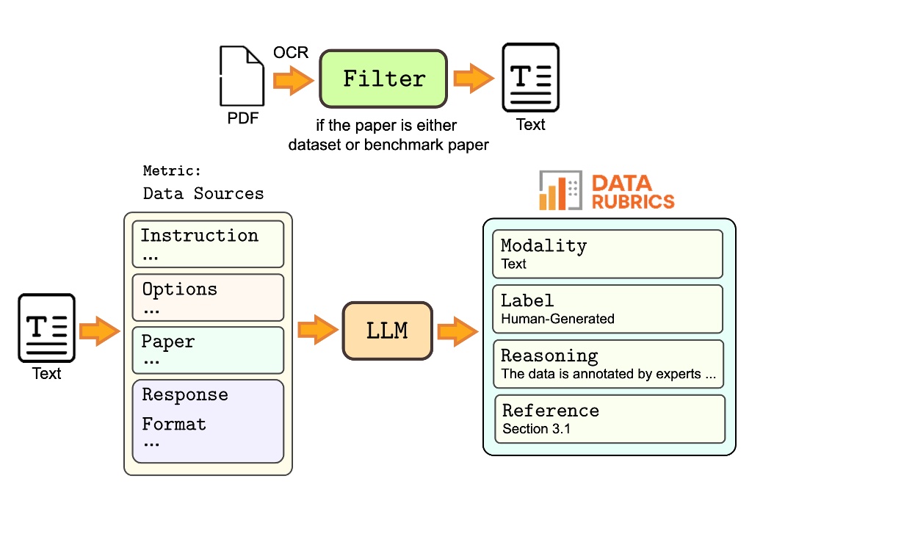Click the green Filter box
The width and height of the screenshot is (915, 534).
[x=383, y=79]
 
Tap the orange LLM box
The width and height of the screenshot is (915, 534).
[x=387, y=331]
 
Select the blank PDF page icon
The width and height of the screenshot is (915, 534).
[x=242, y=76]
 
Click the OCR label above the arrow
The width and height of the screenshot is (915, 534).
[x=291, y=53]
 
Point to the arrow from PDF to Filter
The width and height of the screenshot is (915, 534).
[x=292, y=79]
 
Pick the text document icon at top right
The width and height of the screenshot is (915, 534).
[x=530, y=77]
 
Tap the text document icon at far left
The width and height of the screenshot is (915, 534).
[x=47, y=328]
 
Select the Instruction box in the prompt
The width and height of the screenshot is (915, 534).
[x=208, y=244]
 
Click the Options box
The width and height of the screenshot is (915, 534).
[x=208, y=297]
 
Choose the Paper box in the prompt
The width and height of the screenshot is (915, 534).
[x=208, y=350]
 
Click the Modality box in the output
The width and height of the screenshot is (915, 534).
[x=607, y=253]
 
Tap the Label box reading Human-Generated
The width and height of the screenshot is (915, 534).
[x=607, y=309]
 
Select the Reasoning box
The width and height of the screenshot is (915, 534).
[x=607, y=364]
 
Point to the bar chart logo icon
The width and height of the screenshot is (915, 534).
[x=560, y=191]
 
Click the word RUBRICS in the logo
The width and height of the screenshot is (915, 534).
[x=632, y=201]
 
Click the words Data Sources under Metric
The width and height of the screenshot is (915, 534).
[x=203, y=194]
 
